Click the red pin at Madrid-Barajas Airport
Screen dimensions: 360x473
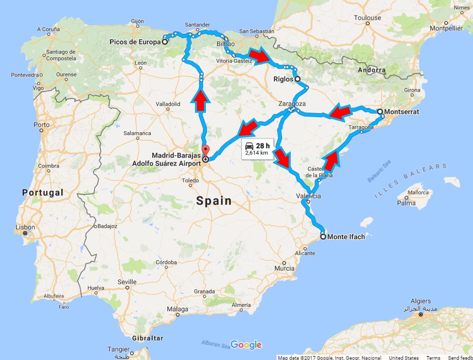tap(205, 150)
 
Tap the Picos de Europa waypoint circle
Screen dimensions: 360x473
tap(164, 42)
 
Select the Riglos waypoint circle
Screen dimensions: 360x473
tap(298, 79)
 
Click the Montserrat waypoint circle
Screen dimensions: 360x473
tap(380, 112)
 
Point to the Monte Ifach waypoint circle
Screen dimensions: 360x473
tap(323, 237)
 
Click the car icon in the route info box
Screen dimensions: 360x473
tap(249, 146)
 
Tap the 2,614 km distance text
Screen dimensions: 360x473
tap(256, 153)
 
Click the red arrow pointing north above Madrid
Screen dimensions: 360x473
tap(201, 100)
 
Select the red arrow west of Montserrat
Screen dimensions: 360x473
tap(340, 112)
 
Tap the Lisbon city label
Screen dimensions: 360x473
tap(25, 227)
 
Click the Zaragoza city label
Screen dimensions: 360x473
tap(292, 104)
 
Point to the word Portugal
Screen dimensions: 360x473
tap(43, 193)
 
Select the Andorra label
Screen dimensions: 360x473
tap(372, 70)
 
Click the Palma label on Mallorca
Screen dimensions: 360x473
tap(406, 203)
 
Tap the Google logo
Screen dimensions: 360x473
tap(246, 345)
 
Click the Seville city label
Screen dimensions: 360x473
tap(127, 282)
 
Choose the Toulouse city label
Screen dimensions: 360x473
tap(367, 18)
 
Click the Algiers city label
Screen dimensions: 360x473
tap(421, 301)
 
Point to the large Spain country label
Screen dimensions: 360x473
tap(214, 201)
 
